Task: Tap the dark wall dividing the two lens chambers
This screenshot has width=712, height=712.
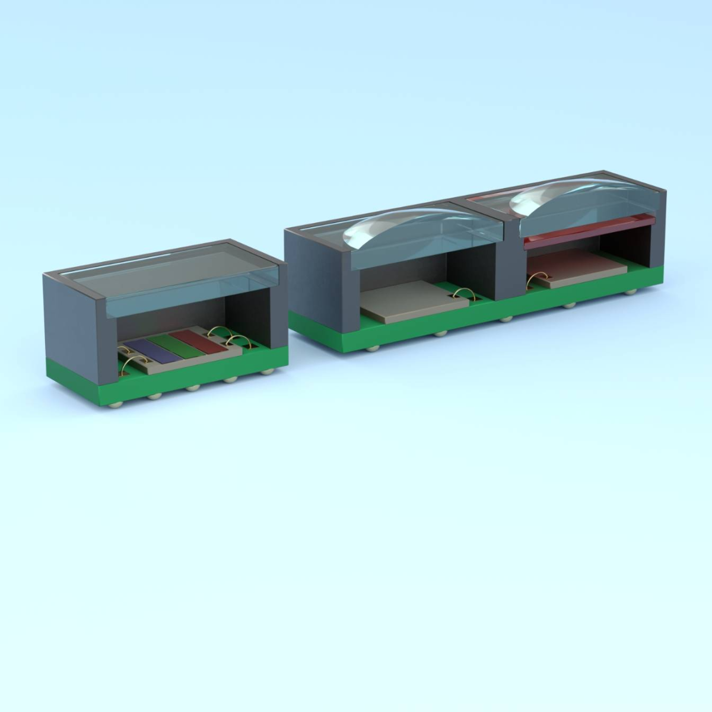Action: point(510,261)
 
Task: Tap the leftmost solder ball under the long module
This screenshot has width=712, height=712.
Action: point(371,348)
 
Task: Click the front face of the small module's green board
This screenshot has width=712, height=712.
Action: point(190,386)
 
